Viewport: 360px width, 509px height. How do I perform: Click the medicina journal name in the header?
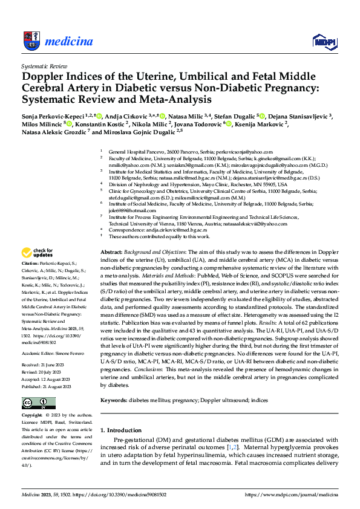[70, 42]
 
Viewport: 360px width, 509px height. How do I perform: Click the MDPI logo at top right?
[324, 41]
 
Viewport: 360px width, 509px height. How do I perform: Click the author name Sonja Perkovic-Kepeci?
[52, 116]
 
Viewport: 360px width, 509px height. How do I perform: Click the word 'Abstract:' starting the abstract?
[111, 251]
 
